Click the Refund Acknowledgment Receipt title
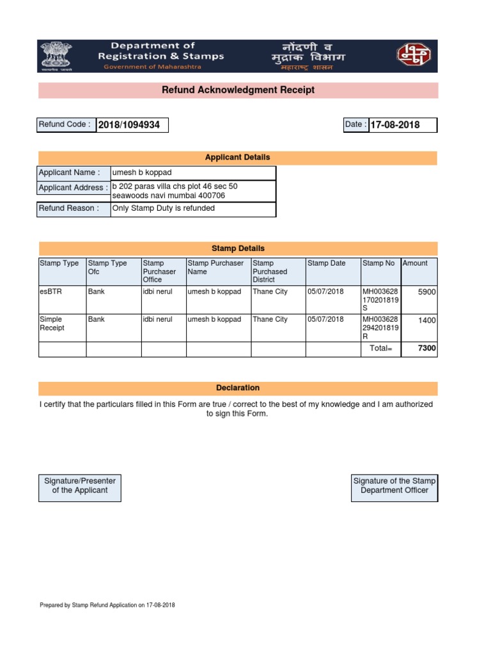238,90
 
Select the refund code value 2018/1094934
129,125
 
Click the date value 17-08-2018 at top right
394,125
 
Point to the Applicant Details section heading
237,158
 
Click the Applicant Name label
69,172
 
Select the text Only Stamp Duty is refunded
164,208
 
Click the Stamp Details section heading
238,248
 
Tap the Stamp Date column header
326,263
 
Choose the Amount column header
415,263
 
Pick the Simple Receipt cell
51,323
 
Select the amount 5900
426,293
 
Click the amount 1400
426,321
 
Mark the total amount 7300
426,349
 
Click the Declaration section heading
238,388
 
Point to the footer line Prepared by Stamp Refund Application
107,605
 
